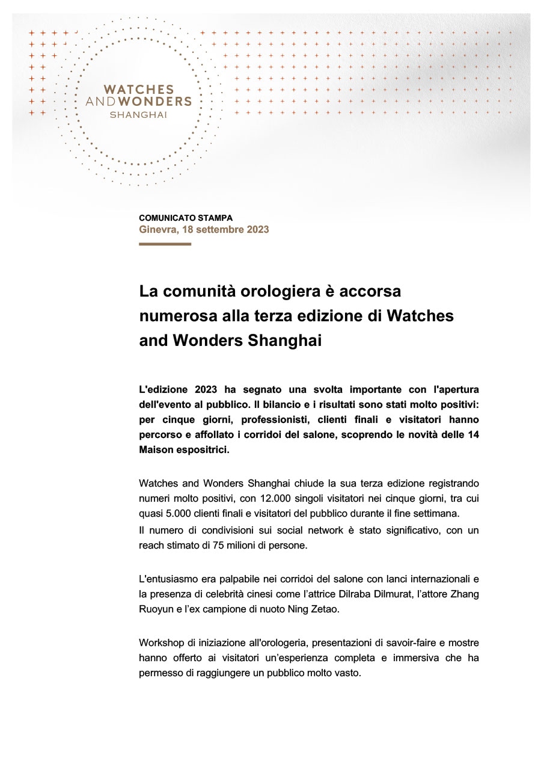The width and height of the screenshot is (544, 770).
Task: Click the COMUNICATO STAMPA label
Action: pos(185,218)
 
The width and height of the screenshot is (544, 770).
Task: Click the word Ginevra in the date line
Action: pos(155,229)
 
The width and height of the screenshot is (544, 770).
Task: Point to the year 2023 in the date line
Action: pos(257,229)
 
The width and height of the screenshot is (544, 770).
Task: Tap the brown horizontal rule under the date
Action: pos(165,244)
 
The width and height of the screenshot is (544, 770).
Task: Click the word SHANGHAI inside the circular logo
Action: pos(138,114)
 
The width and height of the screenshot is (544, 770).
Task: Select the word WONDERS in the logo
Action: pos(157,102)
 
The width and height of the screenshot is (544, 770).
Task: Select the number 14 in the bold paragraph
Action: pos(473,434)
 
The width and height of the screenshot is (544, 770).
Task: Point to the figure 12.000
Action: pos(277,498)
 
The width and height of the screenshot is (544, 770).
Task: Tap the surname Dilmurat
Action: pos(399,594)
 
